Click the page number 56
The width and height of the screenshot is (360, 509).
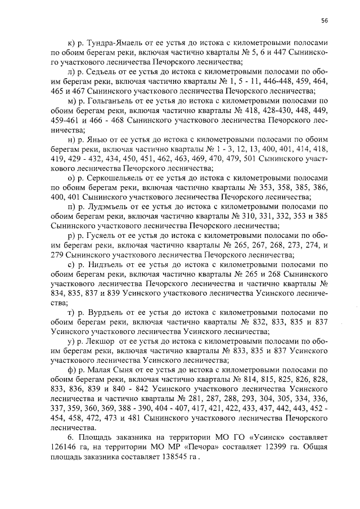(x=325, y=21)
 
